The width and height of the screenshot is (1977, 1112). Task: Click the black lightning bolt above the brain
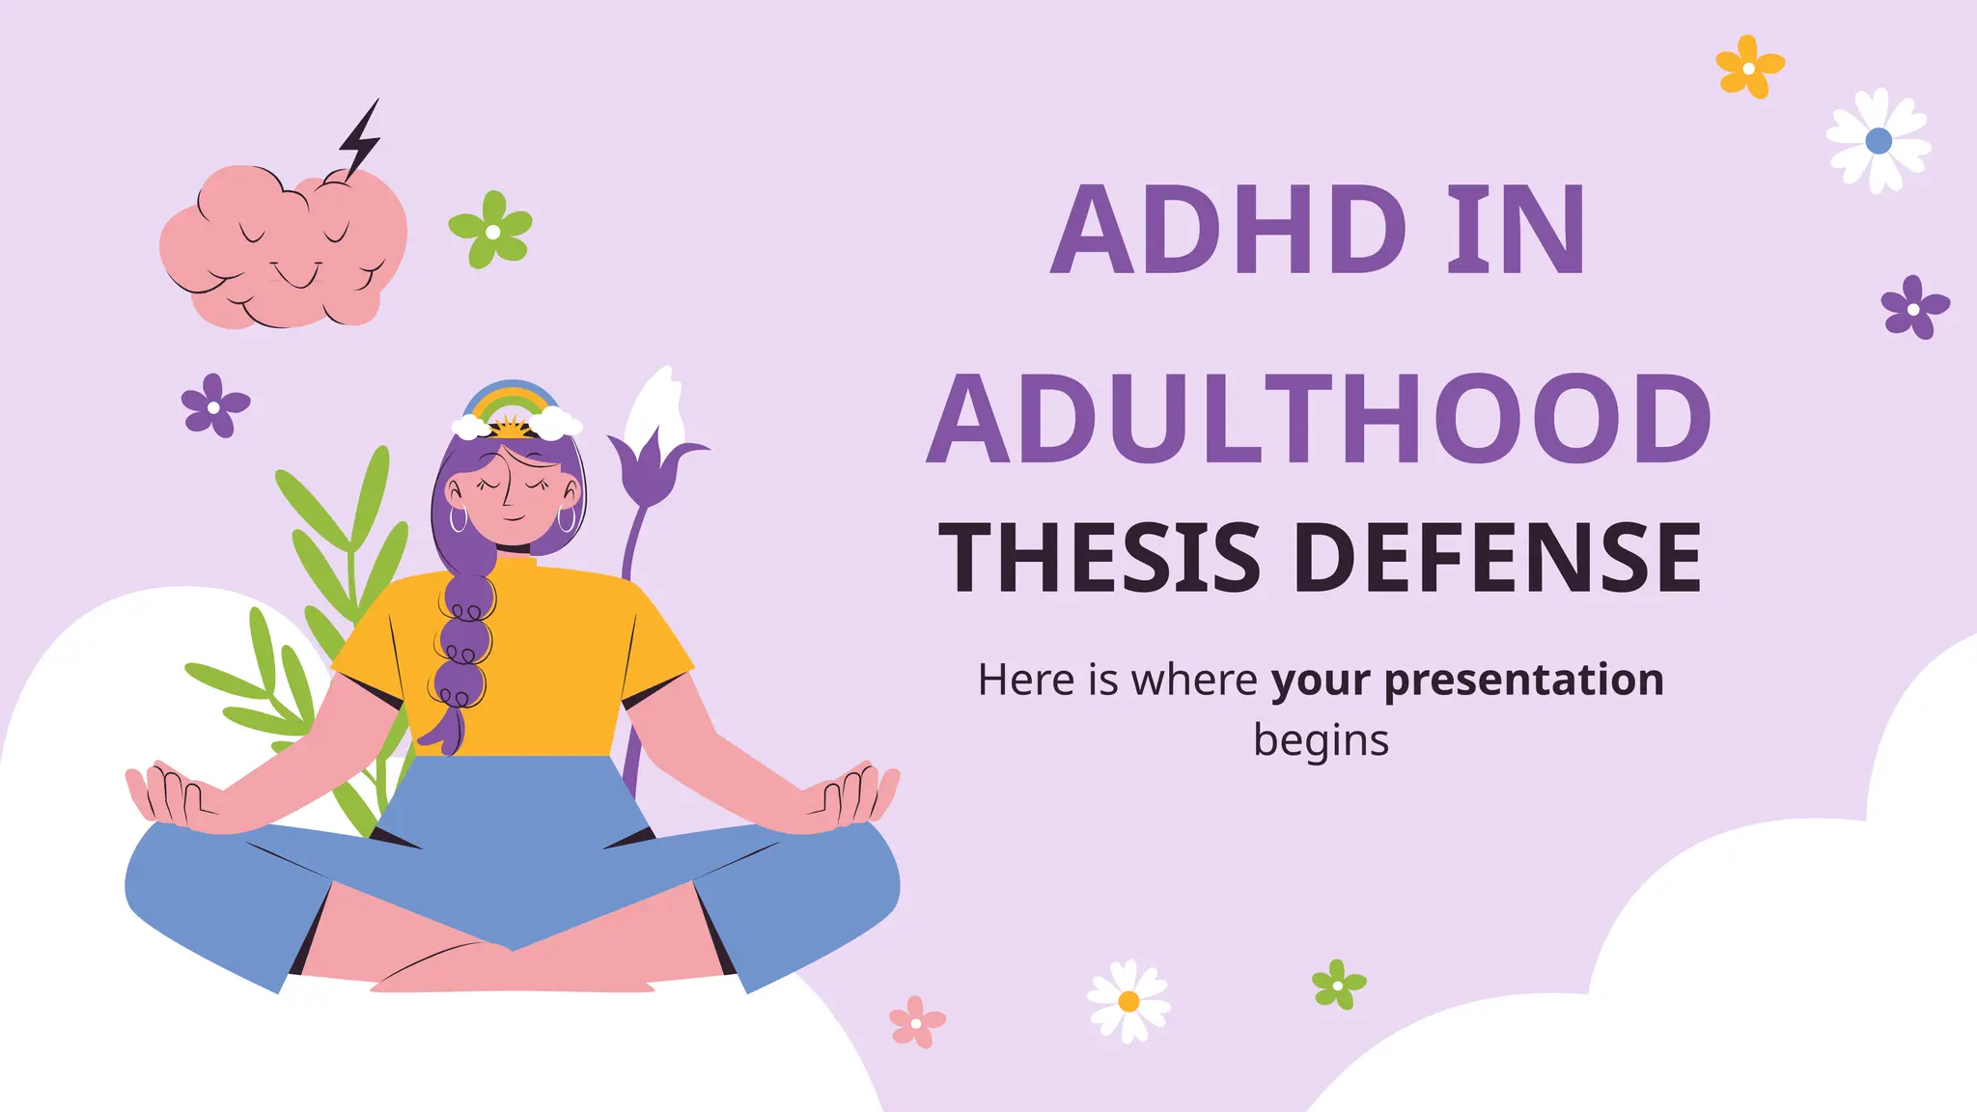pyautogui.click(x=359, y=140)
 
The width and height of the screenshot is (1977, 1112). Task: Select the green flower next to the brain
pyautogui.click(x=491, y=230)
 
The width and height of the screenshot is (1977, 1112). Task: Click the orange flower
pyautogui.click(x=1749, y=67)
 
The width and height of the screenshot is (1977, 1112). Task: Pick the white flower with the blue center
pyautogui.click(x=1879, y=141)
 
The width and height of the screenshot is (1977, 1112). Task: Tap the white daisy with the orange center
pyautogui.click(x=1128, y=1001)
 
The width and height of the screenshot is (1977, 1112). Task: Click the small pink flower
pyautogui.click(x=916, y=1021)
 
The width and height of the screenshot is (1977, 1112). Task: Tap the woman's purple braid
pyautogui.click(x=463, y=656)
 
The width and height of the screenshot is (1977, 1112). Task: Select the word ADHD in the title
pyautogui.click(x=1228, y=231)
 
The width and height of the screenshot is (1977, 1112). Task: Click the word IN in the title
pyautogui.click(x=1515, y=231)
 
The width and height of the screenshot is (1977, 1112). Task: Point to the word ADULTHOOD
pyautogui.click(x=1319, y=419)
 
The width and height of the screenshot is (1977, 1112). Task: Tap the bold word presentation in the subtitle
pyautogui.click(x=1524, y=680)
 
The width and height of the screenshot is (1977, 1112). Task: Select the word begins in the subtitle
pyautogui.click(x=1321, y=741)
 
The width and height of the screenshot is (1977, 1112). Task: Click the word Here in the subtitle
pyautogui.click(x=1026, y=680)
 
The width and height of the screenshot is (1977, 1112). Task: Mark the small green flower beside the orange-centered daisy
pyautogui.click(x=1338, y=985)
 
